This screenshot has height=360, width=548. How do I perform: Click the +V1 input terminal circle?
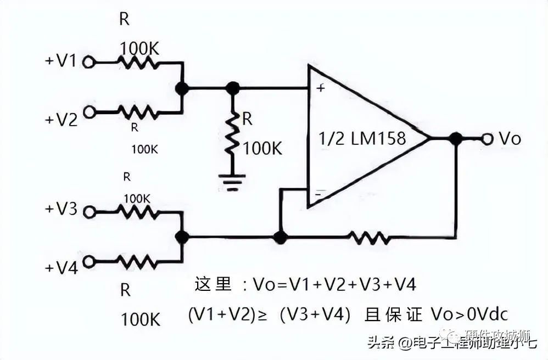(88, 63)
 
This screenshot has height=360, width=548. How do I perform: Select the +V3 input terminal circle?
(88, 211)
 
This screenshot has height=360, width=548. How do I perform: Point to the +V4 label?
(61, 268)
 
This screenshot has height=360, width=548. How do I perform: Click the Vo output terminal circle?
(487, 139)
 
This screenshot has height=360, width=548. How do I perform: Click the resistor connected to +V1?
(139, 63)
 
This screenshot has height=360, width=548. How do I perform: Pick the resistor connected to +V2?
(138, 112)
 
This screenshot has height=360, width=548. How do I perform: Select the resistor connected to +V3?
(139, 211)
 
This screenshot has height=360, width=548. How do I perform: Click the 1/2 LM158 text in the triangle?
(362, 138)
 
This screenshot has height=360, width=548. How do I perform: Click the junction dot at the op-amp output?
(455, 139)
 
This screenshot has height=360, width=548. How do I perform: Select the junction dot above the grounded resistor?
(233, 88)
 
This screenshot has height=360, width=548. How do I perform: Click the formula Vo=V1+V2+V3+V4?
(334, 284)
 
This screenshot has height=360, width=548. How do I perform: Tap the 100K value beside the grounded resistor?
(262, 148)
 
